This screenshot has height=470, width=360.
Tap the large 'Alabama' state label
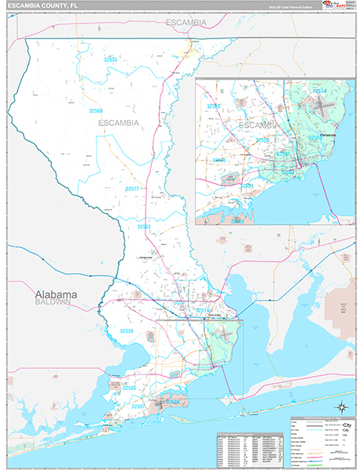(55, 295)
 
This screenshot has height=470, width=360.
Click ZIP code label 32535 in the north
(110, 60)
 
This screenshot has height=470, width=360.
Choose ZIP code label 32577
(132, 189)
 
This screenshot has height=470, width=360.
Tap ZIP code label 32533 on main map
(144, 226)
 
